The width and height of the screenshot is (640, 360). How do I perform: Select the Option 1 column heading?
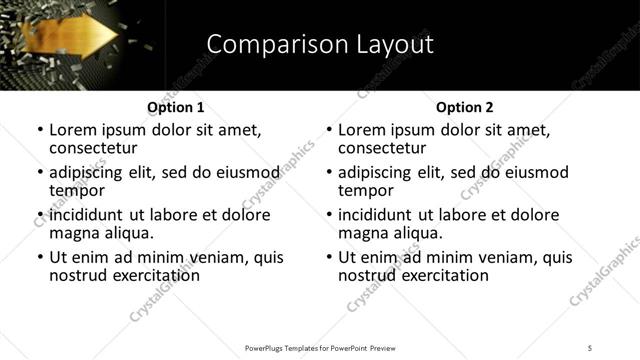click(x=176, y=107)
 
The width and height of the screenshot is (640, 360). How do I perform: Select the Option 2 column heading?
click(x=465, y=107)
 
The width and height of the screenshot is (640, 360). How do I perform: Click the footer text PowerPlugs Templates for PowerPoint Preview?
click(x=320, y=348)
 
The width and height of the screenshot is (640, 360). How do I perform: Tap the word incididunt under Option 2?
click(x=378, y=215)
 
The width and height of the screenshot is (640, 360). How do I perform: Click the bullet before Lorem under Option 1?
click(x=40, y=131)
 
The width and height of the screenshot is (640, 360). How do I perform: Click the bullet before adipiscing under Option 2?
click(x=329, y=173)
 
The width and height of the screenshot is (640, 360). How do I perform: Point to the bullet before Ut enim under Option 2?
click(x=329, y=257)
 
